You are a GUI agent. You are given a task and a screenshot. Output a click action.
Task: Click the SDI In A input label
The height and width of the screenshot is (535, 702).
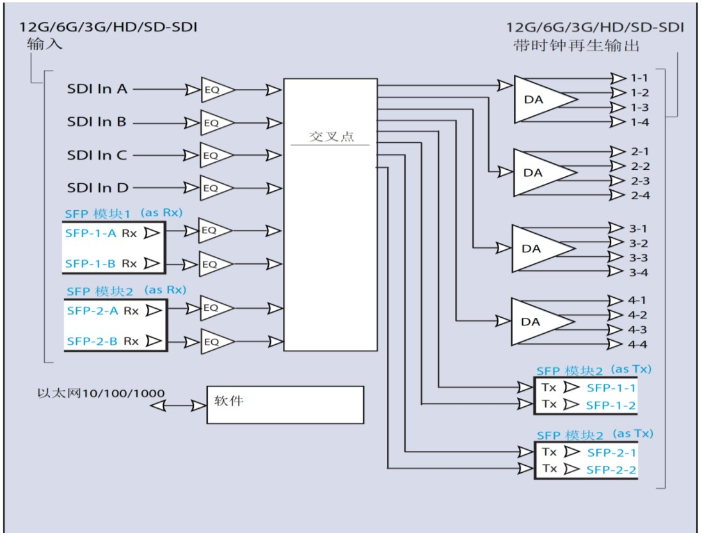tap(97, 89)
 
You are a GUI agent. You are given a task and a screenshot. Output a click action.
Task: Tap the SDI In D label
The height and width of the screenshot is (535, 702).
tap(97, 188)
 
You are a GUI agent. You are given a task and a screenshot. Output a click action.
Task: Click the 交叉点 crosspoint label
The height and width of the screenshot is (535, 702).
tap(331, 137)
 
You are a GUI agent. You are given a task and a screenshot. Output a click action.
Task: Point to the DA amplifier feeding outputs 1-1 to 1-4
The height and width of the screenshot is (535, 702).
tap(541, 99)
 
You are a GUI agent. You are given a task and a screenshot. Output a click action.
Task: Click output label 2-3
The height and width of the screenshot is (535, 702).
tap(640, 181)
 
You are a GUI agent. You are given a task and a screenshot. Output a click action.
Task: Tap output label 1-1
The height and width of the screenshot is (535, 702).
tap(639, 78)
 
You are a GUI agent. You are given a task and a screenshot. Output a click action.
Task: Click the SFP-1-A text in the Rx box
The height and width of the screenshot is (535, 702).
tap(90, 234)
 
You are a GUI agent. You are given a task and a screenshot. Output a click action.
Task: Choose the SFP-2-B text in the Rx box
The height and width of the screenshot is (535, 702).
tap(92, 342)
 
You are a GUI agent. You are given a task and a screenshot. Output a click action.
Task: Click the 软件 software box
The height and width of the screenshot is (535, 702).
tap(285, 404)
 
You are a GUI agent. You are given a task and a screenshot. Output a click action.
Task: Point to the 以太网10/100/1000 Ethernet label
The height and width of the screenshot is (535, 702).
tap(100, 393)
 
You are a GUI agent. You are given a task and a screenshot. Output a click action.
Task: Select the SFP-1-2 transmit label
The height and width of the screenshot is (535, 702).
tap(610, 405)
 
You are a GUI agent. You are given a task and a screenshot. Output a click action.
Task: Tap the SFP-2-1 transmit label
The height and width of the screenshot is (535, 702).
tap(611, 452)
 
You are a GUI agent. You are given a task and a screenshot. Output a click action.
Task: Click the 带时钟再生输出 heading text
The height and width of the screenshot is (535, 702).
tap(576, 46)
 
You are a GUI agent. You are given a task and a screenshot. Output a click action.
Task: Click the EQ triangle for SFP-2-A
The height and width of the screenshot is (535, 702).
tap(214, 308)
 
